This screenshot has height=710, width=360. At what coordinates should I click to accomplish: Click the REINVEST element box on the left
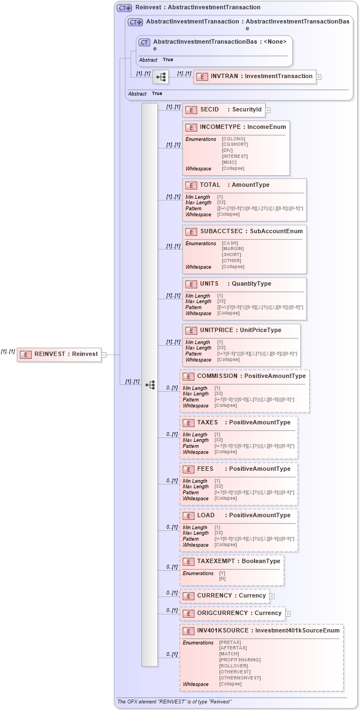(x=59, y=354)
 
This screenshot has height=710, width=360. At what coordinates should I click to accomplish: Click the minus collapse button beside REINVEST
(x=104, y=354)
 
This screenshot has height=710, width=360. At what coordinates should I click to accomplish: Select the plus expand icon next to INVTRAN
(x=319, y=77)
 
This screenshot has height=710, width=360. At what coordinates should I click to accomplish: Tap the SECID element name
(x=209, y=109)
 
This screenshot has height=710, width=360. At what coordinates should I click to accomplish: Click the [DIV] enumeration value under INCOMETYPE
(x=227, y=150)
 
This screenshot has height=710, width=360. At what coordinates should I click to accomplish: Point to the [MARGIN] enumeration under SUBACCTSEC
(x=233, y=248)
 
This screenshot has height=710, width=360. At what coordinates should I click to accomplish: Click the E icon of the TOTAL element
(x=191, y=185)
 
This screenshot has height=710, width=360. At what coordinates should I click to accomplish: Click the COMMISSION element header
(x=217, y=376)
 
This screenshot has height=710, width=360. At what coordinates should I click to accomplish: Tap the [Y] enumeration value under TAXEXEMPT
(x=222, y=573)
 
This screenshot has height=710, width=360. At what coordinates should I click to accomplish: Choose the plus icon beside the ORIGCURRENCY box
(x=288, y=614)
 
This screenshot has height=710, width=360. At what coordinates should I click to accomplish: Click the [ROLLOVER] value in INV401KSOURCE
(x=234, y=666)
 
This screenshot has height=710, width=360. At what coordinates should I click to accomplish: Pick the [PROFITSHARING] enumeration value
(x=240, y=660)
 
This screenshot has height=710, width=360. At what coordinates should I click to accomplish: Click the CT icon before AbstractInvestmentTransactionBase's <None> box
(x=144, y=43)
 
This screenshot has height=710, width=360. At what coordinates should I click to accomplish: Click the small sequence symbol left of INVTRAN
(x=161, y=77)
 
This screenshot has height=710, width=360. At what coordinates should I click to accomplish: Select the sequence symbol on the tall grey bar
(x=150, y=385)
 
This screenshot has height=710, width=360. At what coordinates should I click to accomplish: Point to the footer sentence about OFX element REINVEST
(x=174, y=701)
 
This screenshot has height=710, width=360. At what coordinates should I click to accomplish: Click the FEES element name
(x=205, y=469)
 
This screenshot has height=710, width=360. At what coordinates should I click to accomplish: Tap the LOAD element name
(x=206, y=515)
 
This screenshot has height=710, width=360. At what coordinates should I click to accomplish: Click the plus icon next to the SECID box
(x=268, y=110)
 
